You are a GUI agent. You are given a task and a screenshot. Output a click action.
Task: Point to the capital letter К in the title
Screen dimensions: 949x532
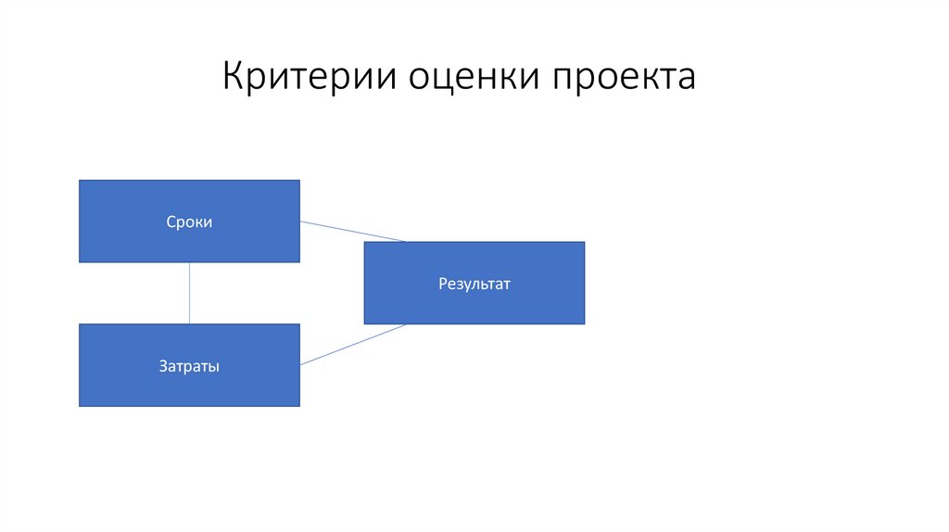[234, 76]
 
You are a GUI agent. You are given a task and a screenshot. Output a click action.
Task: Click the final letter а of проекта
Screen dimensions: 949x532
[686, 79]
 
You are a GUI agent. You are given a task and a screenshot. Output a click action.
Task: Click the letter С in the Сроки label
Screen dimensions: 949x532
[171, 222]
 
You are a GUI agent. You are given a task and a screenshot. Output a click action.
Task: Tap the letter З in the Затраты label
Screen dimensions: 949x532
[162, 366]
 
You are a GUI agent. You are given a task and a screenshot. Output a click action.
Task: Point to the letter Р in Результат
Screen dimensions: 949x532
[443, 284]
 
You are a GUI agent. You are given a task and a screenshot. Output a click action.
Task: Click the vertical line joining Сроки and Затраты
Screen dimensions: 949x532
[190, 293]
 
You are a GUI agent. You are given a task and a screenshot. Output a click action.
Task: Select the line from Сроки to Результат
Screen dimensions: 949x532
[352, 231]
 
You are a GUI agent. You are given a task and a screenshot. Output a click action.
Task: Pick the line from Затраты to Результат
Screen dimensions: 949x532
[352, 344]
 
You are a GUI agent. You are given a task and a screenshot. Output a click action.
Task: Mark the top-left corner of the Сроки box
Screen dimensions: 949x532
[80, 181]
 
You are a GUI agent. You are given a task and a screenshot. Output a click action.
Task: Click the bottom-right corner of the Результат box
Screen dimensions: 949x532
[584, 323]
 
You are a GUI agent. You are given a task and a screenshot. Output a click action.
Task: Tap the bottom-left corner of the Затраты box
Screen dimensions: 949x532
[80, 406]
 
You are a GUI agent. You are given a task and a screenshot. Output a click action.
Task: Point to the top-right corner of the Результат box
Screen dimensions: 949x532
[584, 242]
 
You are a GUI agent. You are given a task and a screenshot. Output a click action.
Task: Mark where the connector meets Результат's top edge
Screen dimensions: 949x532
[405, 242]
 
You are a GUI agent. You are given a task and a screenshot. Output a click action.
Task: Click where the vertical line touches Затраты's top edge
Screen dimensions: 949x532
[190, 324]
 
